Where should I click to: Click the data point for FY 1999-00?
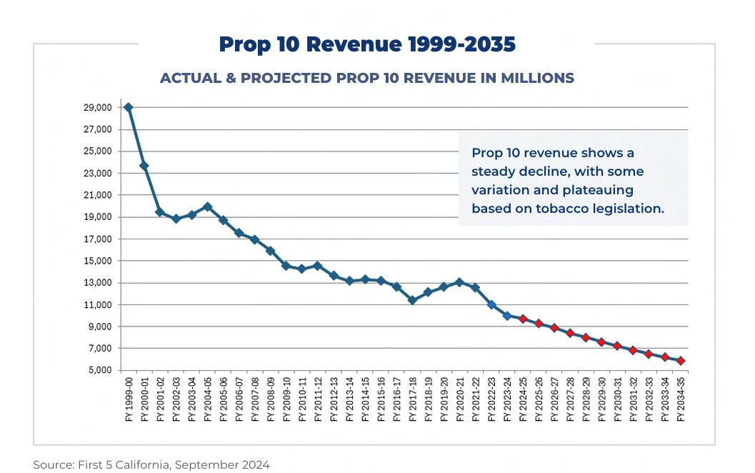tap(129, 107)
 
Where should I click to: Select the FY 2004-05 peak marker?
tap(208, 206)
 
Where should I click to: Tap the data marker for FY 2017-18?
tap(412, 300)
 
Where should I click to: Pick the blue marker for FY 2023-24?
tap(507, 315)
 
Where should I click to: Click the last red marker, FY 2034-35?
tap(681, 361)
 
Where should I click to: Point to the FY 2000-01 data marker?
tap(144, 166)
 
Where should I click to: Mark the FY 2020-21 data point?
tap(459, 282)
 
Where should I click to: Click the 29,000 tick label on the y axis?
tap(97, 108)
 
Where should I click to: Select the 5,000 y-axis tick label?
tap(99, 370)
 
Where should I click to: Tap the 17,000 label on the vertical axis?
tap(97, 239)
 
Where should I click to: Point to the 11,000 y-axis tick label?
tap(97, 305)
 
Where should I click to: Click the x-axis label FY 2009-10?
tap(286, 400)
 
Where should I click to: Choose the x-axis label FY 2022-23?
tap(491, 400)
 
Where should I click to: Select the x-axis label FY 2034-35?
tap(681, 400)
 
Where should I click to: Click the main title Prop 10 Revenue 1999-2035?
tap(367, 44)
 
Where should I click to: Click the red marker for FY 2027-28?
tap(570, 333)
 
